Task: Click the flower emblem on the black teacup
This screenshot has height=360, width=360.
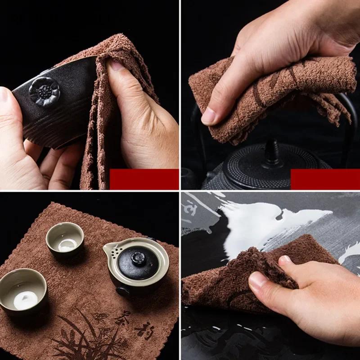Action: point(44,91)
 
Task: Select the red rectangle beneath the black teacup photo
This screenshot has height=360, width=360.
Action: point(144,179)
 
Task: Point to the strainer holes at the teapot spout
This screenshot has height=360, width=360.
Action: point(112,247)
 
